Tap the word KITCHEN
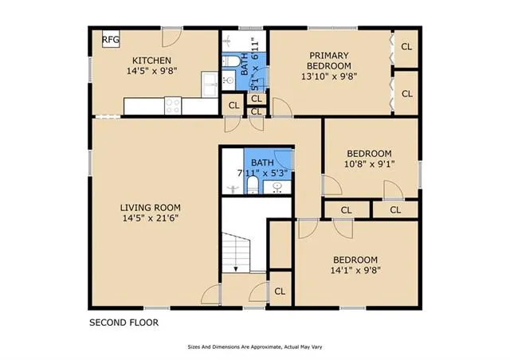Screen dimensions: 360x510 pos(151,60)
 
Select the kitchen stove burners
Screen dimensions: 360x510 pos(174,104)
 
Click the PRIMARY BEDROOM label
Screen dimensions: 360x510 pos(329,60)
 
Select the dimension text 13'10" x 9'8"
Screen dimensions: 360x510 pos(329,77)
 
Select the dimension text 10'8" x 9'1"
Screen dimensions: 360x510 pos(369,164)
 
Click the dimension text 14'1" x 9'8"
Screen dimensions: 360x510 pos(355,269)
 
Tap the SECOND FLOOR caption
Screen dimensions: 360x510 pos(123,323)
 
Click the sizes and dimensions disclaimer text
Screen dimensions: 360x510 pos(254,347)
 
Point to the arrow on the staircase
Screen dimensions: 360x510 pos(236,270)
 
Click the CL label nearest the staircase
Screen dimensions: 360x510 pos(280,291)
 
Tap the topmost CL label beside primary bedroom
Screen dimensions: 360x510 pos(406,46)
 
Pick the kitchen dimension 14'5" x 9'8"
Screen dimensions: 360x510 pos(151,71)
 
